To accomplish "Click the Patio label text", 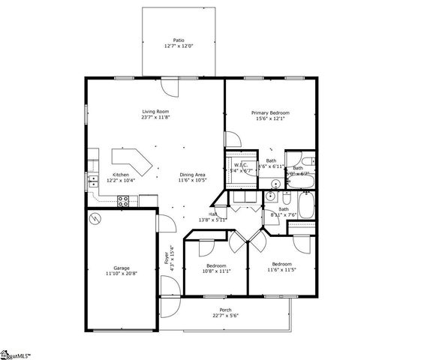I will coord(179,40).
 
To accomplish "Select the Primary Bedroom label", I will coord(270,112).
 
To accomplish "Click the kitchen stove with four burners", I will coord(125,199).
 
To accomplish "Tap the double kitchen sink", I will coord(93,181).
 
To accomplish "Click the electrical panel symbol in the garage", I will coord(95,219).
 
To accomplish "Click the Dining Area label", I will coord(193,175).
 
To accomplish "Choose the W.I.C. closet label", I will coord(241,165).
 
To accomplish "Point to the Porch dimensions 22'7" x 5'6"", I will coord(225,316).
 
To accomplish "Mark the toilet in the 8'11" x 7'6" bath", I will coord(287,196).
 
